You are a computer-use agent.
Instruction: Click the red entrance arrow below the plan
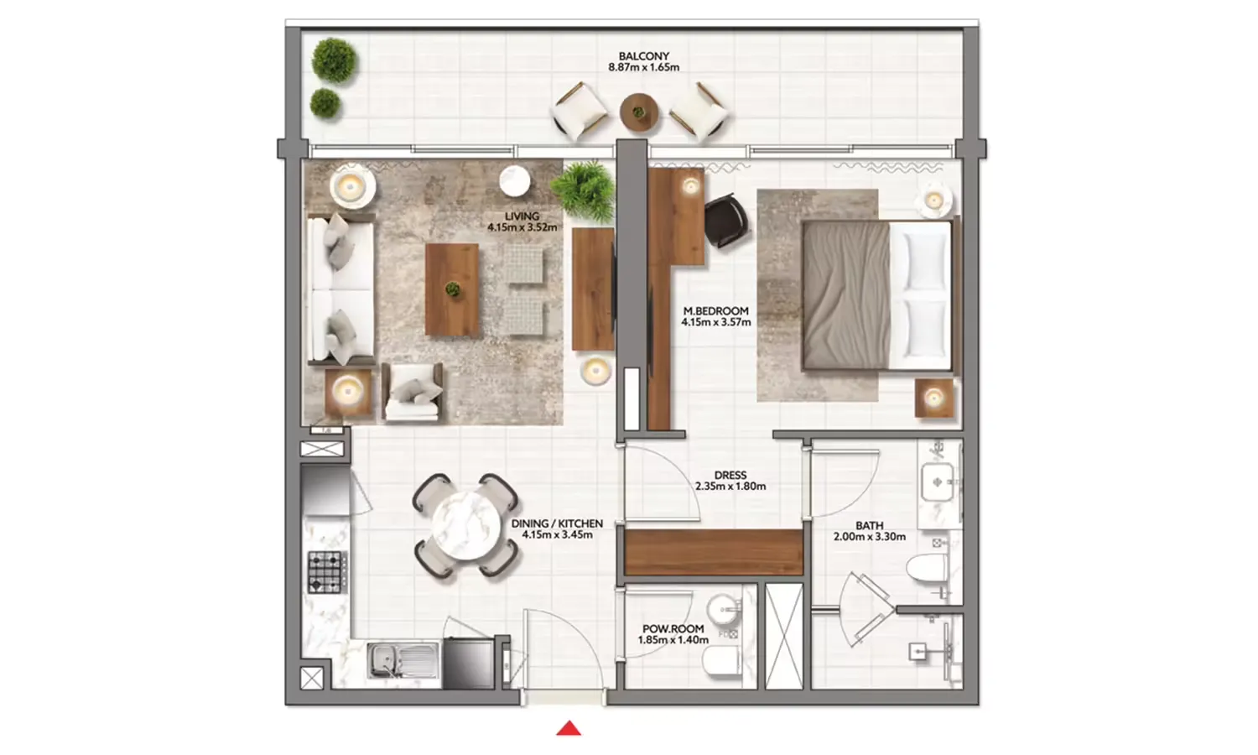(x=569, y=728)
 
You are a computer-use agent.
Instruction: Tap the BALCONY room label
(x=644, y=56)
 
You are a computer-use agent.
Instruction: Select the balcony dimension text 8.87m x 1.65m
(x=644, y=67)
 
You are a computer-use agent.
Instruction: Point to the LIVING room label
(x=522, y=216)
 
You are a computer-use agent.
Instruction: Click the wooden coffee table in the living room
(x=452, y=289)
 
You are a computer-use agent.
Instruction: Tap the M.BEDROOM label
(x=715, y=310)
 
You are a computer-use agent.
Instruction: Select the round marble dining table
(x=463, y=526)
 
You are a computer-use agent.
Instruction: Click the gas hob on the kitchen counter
(x=326, y=572)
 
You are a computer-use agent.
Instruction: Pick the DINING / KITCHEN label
(x=557, y=523)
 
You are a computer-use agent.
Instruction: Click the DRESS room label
(x=730, y=475)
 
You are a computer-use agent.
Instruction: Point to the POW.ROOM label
(x=673, y=628)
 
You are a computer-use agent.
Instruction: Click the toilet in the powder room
(x=721, y=665)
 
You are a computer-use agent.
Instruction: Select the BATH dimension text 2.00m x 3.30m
(x=869, y=537)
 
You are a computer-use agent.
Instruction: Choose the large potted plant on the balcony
(x=335, y=60)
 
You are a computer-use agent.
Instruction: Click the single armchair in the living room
(x=413, y=392)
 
